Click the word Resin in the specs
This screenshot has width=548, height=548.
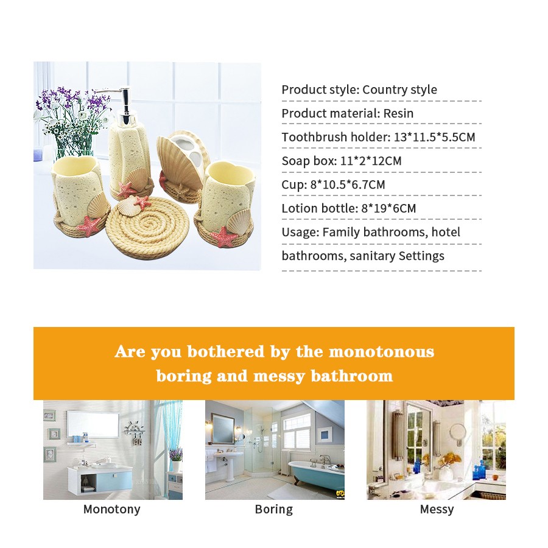click(398, 113)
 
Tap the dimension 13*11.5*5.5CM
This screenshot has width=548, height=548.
click(434, 137)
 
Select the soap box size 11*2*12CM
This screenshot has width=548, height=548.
click(371, 161)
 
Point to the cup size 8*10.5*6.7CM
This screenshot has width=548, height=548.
click(348, 184)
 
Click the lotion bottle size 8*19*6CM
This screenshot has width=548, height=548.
click(388, 208)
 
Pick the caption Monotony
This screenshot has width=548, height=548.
click(112, 509)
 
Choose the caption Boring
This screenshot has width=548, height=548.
click(273, 509)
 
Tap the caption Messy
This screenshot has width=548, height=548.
click(437, 509)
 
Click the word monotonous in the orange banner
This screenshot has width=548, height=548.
click(382, 351)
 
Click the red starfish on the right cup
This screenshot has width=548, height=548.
click(224, 236)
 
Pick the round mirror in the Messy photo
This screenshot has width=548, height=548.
click(457, 432)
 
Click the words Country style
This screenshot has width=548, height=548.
click(399, 90)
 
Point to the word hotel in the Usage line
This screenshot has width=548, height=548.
click(446, 232)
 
